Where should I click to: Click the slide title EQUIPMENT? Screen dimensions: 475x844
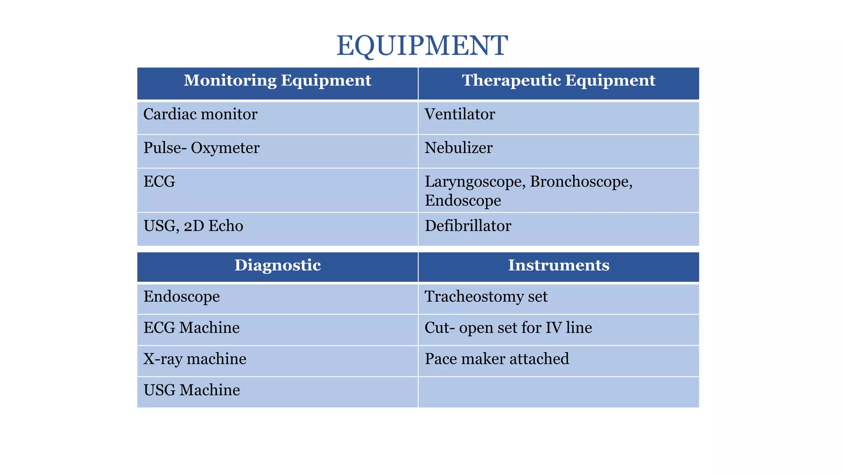click(422, 45)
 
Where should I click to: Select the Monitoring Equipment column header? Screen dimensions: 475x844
click(277, 80)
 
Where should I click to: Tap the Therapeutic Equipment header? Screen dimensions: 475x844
click(558, 80)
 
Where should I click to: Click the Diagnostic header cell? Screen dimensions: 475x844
click(277, 265)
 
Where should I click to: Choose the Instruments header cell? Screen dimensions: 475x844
click(558, 265)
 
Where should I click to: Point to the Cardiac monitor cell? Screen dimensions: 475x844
click(200, 114)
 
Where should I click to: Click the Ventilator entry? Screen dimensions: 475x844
click(460, 114)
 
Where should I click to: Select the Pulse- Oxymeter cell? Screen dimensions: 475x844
click(202, 148)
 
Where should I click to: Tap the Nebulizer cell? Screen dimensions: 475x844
click(458, 148)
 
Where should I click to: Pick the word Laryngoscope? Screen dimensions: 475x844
click(474, 182)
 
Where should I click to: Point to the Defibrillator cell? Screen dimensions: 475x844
click(468, 226)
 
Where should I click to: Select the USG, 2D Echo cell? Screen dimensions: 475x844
click(193, 226)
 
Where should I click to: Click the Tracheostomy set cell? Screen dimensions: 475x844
click(486, 297)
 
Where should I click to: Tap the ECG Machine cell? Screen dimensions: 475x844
click(192, 328)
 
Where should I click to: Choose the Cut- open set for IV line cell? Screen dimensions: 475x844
click(508, 328)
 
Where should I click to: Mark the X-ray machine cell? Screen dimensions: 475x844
click(195, 359)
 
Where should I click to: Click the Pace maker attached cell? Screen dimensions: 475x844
click(497, 359)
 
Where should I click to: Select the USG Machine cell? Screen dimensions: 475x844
click(192, 390)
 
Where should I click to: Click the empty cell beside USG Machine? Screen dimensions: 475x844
click(558, 392)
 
